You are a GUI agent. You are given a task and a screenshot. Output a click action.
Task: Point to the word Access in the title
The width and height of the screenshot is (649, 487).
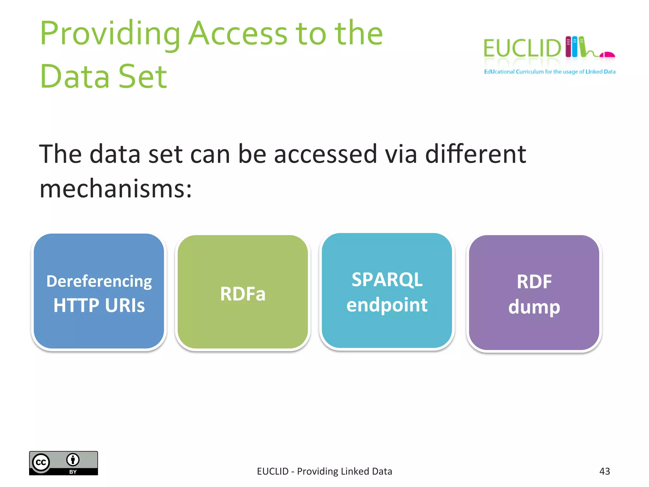pos(238,34)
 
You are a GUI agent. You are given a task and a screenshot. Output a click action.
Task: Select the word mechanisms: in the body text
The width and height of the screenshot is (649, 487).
pos(116,188)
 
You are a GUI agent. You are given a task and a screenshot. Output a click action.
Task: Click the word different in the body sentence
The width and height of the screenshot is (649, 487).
pos(475,154)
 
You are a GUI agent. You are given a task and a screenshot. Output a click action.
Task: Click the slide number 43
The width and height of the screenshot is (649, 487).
pos(605,471)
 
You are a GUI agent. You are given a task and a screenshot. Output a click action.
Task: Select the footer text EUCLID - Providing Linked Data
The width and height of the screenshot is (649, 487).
pos(324,471)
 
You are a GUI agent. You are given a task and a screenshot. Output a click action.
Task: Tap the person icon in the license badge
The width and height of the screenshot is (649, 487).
pos(73,459)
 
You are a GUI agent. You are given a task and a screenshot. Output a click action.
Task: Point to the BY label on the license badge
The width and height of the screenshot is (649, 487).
pos(73,472)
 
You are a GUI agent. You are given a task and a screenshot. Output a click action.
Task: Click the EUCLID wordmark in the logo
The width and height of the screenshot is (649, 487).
pos(522,49)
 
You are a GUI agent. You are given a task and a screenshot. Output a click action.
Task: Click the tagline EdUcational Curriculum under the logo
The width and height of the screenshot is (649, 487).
pos(549,72)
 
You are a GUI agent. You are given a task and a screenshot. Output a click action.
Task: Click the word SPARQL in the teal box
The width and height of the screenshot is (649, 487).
pos(387,280)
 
